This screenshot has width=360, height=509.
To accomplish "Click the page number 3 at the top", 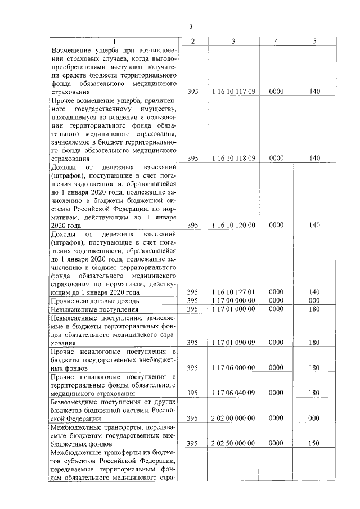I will tap(191, 26).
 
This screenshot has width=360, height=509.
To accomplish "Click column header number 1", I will tap(115, 41).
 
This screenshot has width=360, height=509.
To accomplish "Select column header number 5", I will tap(314, 41).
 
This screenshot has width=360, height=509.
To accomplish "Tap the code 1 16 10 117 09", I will tap(233, 91).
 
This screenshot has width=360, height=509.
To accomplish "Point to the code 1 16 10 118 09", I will tap(233, 158).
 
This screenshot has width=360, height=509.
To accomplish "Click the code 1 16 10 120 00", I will tap(233, 225).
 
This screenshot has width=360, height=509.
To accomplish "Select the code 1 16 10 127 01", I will tap(233, 292).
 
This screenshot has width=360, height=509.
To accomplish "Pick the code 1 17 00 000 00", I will tap(233, 301).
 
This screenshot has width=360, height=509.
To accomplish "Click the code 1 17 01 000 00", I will tap(233, 309).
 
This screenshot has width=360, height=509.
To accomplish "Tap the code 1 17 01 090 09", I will tap(233, 342).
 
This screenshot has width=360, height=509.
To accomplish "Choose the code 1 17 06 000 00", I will tap(233, 367).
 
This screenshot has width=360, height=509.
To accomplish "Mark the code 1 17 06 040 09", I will tap(233, 393).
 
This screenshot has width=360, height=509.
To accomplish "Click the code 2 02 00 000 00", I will tap(233, 418).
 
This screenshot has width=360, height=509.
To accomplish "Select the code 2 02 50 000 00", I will tap(233, 443).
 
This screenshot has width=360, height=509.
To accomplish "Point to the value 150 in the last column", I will tap(314, 443).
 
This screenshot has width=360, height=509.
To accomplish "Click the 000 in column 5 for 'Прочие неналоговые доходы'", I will tap(314, 301).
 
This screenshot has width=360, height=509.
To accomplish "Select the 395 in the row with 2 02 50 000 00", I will tap(193, 443).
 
